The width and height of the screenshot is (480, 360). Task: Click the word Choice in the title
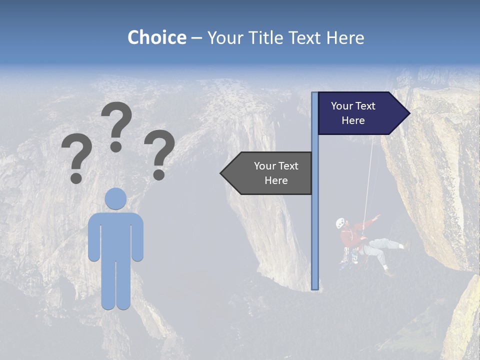(156, 37)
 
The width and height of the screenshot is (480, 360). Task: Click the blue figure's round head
(116, 198)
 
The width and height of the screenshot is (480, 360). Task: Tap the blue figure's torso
(116, 235)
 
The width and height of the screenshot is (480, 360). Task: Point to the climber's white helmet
(340, 223)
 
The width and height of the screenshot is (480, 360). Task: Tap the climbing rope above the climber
(369, 175)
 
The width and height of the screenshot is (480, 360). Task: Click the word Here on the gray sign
(276, 180)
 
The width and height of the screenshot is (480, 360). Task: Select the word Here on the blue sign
(353, 120)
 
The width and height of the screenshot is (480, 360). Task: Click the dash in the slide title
(196, 38)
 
